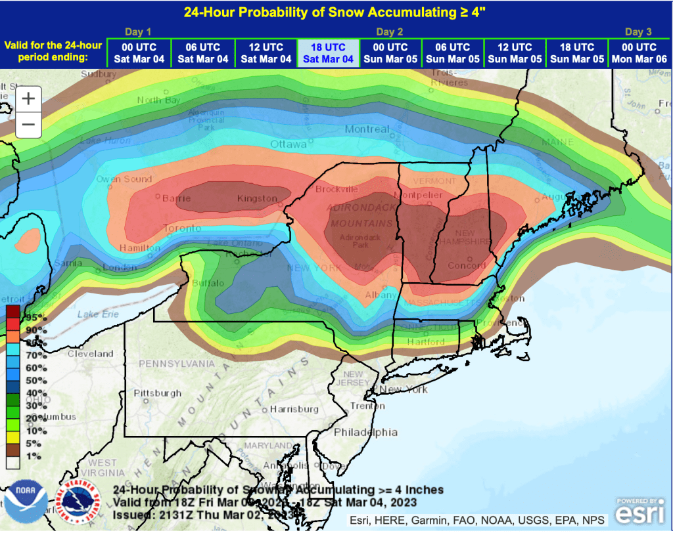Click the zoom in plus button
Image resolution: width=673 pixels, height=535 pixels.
[28, 99]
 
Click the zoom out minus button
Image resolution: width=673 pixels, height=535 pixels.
[28, 124]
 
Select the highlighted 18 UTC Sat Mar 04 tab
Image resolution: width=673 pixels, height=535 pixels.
[328, 53]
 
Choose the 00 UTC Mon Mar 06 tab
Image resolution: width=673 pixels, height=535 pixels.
[639, 53]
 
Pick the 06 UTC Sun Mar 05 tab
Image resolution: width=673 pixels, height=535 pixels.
[452, 53]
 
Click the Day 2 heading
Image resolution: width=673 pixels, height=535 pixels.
[389, 32]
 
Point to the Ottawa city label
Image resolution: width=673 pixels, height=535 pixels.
[289, 144]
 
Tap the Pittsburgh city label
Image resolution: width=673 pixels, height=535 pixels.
[157, 393]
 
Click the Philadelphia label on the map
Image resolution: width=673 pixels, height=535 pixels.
[365, 432]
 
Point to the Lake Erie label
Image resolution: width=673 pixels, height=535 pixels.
[97, 314]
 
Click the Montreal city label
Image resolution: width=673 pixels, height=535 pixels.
[367, 129]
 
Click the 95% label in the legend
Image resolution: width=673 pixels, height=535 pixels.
[33, 317]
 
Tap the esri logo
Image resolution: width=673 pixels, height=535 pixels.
[639, 511]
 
